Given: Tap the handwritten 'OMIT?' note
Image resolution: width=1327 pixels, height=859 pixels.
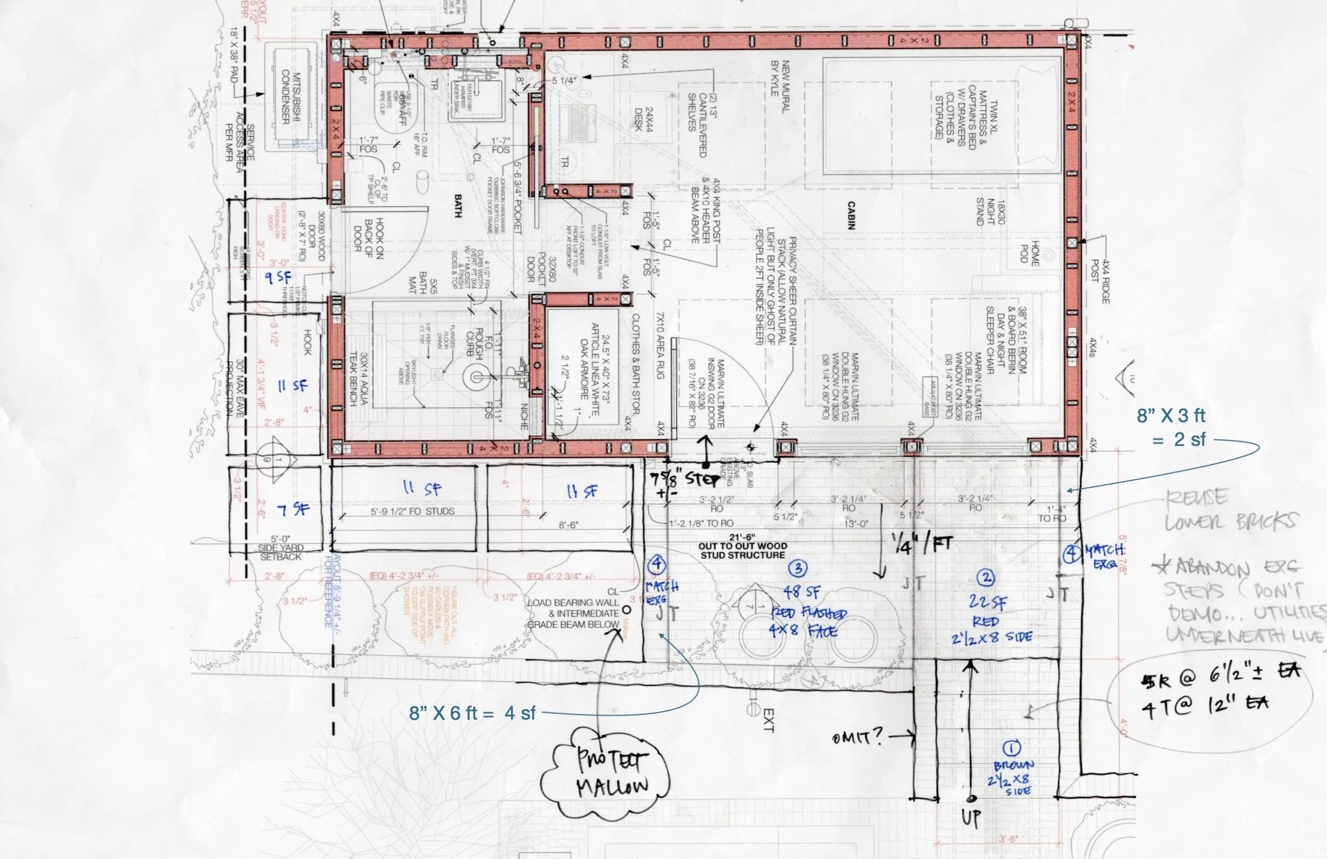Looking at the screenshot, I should (857, 738).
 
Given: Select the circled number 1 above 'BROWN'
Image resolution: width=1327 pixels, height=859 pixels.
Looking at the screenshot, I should (1011, 748).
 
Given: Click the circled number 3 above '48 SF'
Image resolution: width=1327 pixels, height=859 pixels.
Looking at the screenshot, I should (798, 569).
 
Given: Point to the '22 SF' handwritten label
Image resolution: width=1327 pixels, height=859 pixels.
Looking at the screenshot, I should (987, 602).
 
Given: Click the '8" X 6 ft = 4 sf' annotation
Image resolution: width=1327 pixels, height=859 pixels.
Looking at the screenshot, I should (472, 713).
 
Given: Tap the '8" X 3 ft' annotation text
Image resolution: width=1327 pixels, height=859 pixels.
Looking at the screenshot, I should (1171, 416).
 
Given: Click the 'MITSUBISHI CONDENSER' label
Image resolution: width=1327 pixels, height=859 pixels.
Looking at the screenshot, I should (291, 98).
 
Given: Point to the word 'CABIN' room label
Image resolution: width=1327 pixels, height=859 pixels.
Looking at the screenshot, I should (851, 216).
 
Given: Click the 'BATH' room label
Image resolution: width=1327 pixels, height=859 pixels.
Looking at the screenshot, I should (458, 206).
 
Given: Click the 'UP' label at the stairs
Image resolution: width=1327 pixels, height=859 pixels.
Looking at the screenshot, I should (971, 817).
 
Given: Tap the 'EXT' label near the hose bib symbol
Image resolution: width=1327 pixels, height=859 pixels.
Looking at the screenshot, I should (768, 719).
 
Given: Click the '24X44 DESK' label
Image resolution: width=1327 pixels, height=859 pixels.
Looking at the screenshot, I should (643, 119).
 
